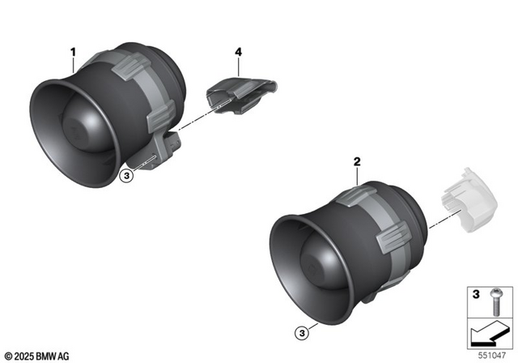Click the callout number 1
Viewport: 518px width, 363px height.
73,53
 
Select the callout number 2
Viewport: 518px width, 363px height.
357,162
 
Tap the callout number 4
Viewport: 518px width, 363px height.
238,53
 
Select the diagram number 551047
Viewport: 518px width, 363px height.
496,353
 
